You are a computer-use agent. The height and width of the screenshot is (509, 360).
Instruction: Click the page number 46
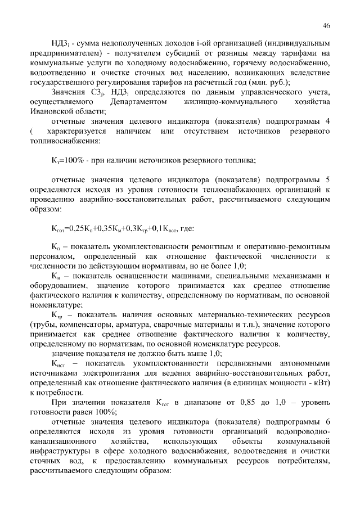click(x=326, y=25)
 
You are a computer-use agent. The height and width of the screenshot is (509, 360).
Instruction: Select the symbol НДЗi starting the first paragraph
click(x=60, y=43)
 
